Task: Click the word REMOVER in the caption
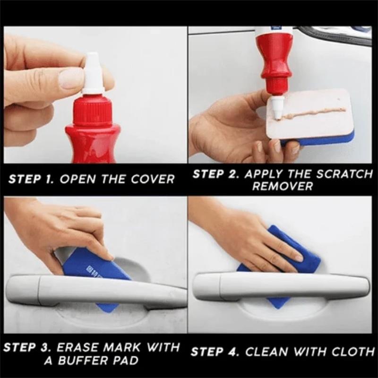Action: [x=282, y=186]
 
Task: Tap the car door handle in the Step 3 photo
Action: [x=94, y=288]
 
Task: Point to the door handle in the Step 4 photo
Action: [x=283, y=286]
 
